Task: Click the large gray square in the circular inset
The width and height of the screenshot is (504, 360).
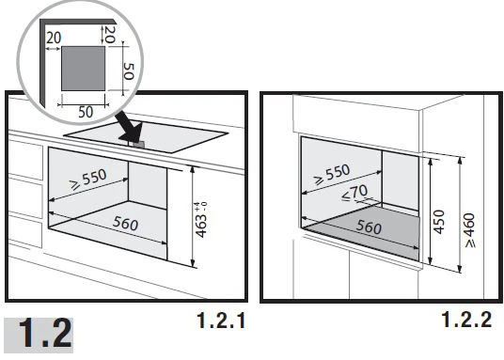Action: pyautogui.click(x=84, y=68)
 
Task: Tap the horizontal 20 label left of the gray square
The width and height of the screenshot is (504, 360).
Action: pyautogui.click(x=54, y=38)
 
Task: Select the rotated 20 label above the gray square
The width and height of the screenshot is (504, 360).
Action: pyautogui.click(x=110, y=35)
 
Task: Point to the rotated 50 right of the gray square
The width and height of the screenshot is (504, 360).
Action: pyautogui.click(x=129, y=71)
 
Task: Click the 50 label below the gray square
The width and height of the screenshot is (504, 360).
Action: pyautogui.click(x=86, y=112)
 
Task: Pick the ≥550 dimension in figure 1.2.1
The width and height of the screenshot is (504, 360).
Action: pyautogui.click(x=88, y=180)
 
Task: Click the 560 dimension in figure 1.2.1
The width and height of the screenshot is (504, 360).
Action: pyautogui.click(x=125, y=224)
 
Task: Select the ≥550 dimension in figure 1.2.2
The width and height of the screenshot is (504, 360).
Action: pyautogui.click(x=332, y=175)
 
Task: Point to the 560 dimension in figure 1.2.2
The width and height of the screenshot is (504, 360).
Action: pyautogui.click(x=369, y=227)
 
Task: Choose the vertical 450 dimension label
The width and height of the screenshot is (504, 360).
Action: pyautogui.click(x=439, y=222)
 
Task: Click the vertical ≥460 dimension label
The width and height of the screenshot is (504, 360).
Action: pyautogui.click(x=470, y=230)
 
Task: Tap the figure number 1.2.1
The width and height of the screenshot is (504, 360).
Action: pyautogui.click(x=222, y=321)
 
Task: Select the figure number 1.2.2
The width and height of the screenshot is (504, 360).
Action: pyautogui.click(x=467, y=320)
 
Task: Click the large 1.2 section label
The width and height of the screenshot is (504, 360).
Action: pyautogui.click(x=45, y=333)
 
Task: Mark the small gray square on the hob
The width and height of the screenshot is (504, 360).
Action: pyautogui.click(x=139, y=145)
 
